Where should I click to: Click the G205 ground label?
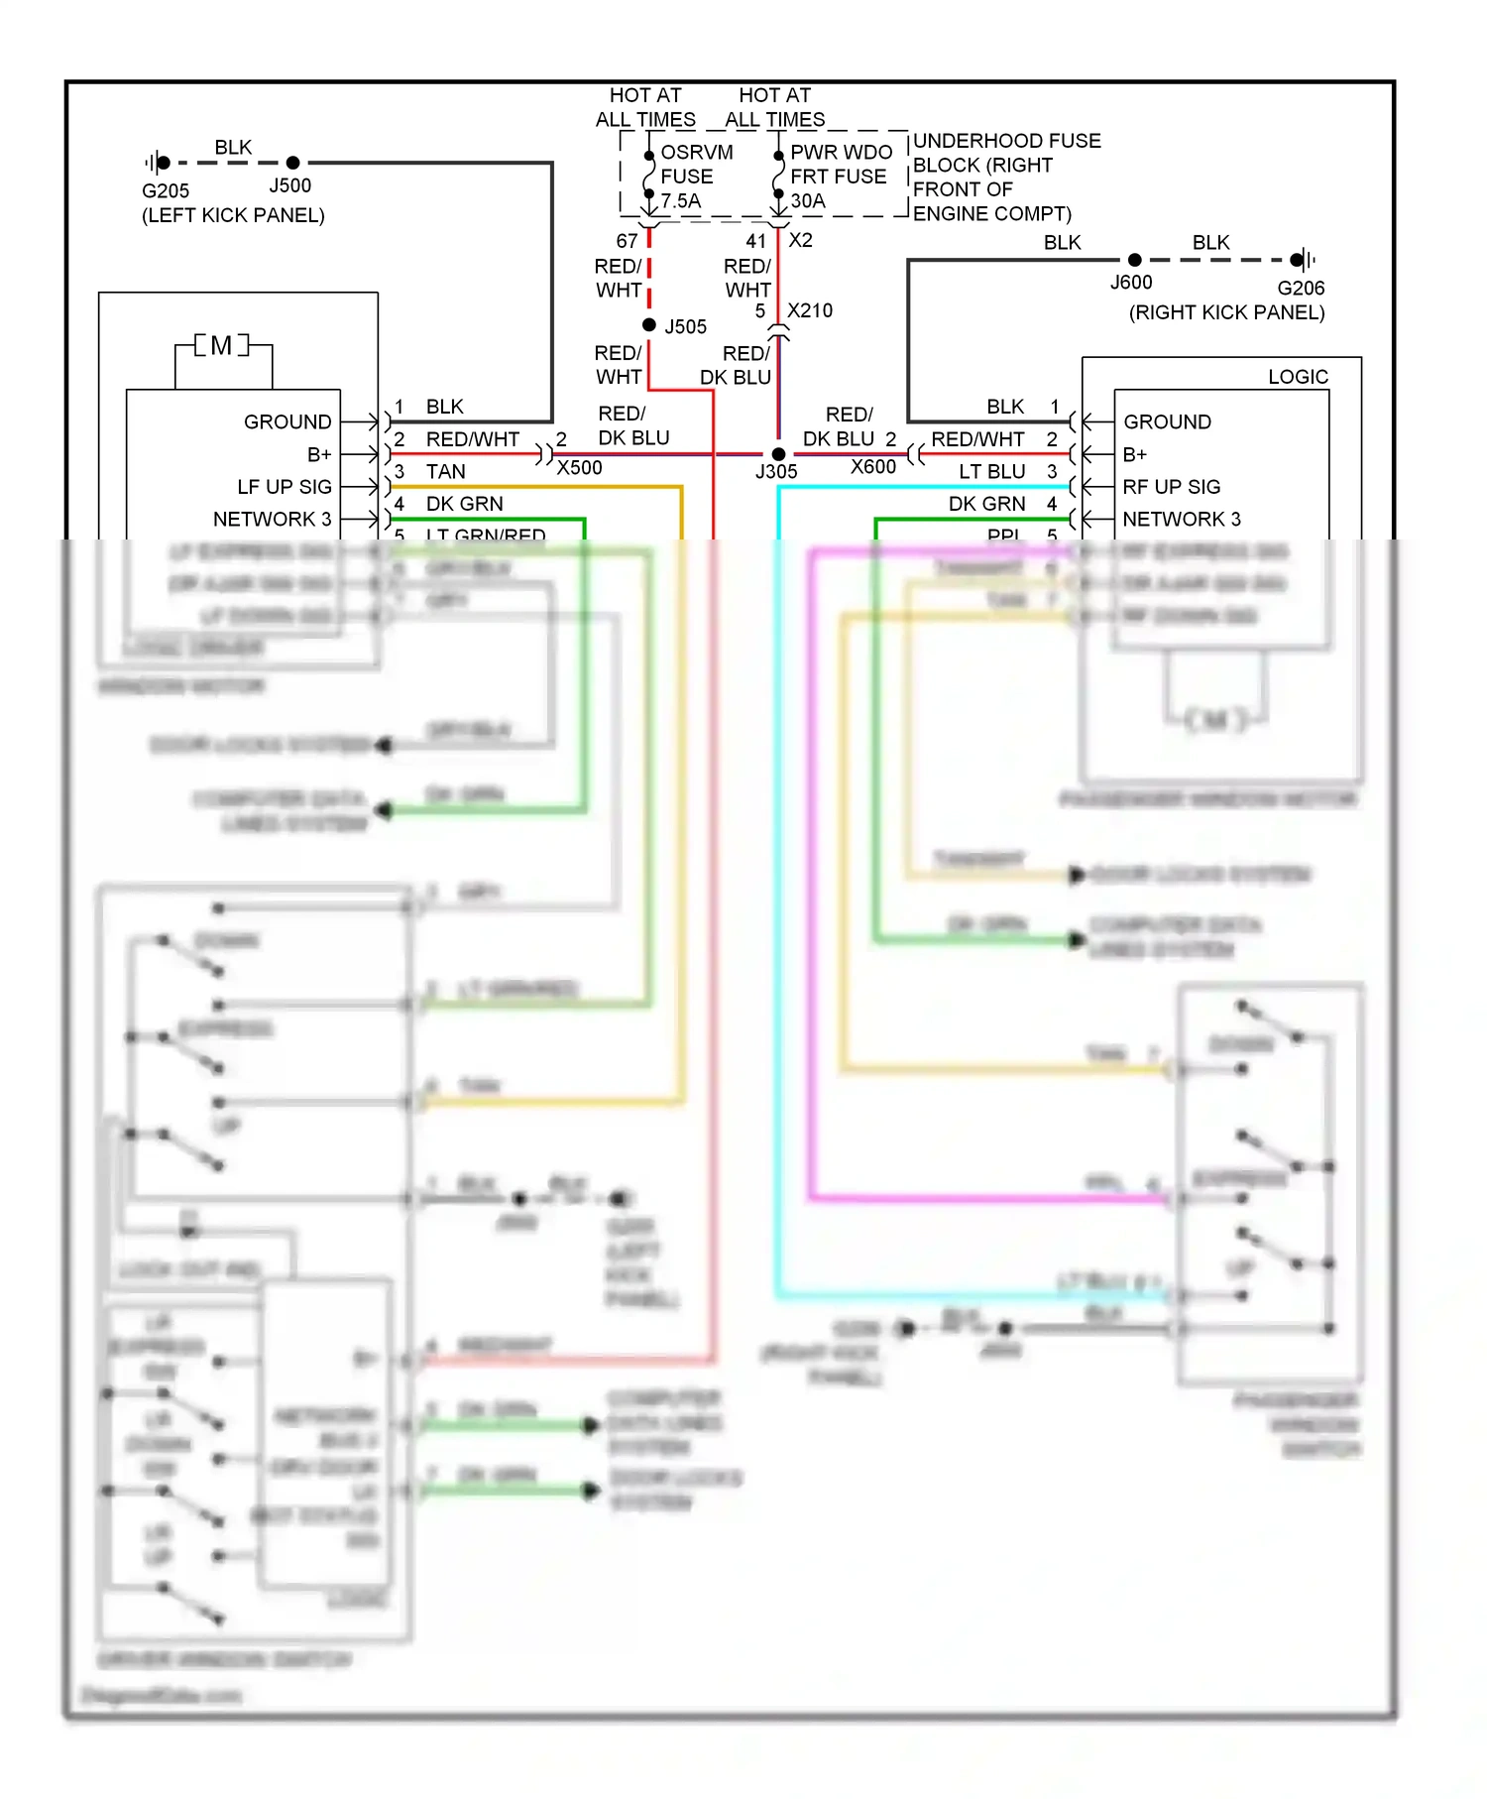(x=165, y=190)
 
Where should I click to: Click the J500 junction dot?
(x=292, y=163)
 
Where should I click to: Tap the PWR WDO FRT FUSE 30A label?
(x=840, y=177)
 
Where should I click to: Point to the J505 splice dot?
(x=649, y=325)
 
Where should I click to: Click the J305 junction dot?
(x=778, y=454)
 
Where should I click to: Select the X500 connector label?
(x=579, y=468)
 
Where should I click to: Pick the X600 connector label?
(x=872, y=467)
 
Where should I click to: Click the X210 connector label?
(x=809, y=310)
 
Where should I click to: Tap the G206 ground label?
(x=1300, y=289)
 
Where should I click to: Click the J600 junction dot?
(x=1134, y=261)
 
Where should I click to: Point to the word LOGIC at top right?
(x=1297, y=377)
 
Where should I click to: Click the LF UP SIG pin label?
(x=285, y=487)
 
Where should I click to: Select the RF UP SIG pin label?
(x=1171, y=487)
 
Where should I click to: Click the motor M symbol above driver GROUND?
(x=221, y=345)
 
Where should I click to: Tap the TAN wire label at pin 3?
(x=445, y=472)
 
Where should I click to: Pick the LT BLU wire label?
(x=991, y=472)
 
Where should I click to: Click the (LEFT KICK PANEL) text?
(x=233, y=215)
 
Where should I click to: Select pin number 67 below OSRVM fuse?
(x=627, y=241)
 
